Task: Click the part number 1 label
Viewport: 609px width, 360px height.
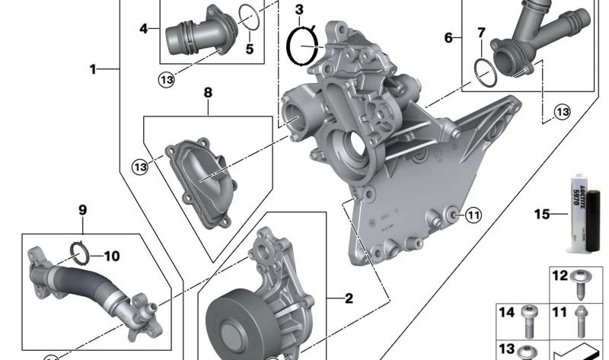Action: [x=93, y=69]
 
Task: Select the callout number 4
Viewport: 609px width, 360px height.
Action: [x=144, y=29]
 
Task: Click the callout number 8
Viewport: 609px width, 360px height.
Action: [x=208, y=92]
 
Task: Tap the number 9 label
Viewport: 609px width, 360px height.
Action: [x=83, y=209]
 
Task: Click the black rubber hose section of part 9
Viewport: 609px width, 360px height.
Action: [x=85, y=281]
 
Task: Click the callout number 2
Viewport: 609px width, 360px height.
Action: [x=349, y=298]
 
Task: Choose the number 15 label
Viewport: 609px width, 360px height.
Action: [x=541, y=215]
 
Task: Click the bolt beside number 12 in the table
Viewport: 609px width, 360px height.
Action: [x=583, y=279]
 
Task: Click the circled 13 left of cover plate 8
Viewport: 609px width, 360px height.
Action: [x=139, y=166]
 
